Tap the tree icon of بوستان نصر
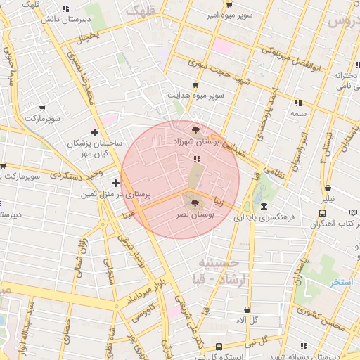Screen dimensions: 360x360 [x=195, y=202]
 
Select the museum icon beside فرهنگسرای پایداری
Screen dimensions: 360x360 [x=264, y=207]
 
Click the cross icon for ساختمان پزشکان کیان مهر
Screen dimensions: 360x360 [x=94, y=132]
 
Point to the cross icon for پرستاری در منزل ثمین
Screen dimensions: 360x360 [x=115, y=183]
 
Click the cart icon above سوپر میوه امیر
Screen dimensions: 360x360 [x=229, y=4]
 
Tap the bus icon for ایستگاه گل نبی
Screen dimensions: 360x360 [x=219, y=347]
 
